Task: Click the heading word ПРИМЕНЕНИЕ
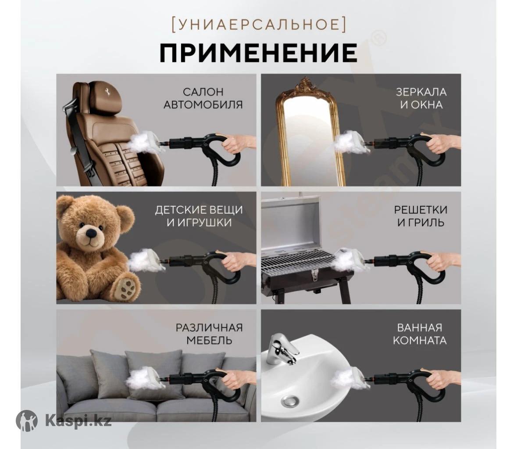point(259,53)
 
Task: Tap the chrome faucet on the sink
point(282,349)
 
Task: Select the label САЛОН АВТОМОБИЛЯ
point(203,98)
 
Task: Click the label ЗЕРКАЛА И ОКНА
point(421,98)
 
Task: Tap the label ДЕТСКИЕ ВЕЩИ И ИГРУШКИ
point(199,216)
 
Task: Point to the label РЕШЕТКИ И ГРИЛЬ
point(421,216)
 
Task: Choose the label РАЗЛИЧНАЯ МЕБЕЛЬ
point(209,334)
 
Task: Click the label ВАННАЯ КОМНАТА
point(420,334)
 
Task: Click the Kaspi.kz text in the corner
point(78,421)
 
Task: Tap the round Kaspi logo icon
point(27,420)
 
